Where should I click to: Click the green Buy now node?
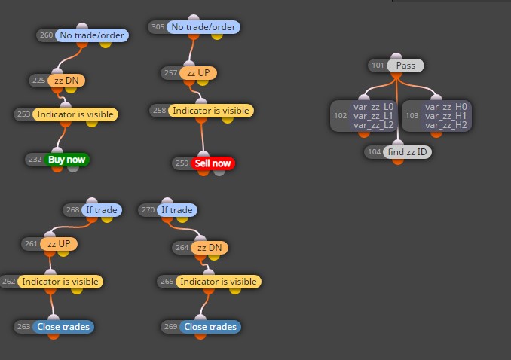click(66, 160)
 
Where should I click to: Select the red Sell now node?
click(213, 163)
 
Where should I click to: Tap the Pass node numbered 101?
click(405, 66)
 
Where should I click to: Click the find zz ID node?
click(407, 152)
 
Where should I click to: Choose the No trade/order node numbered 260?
click(92, 35)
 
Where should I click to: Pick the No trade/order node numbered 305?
click(203, 27)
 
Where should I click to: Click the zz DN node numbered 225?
click(66, 81)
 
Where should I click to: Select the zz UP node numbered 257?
click(198, 72)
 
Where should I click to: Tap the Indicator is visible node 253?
click(75, 114)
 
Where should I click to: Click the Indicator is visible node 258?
click(211, 111)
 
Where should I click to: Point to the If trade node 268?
click(101, 210)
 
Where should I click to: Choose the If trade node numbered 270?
click(177, 210)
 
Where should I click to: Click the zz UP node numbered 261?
click(59, 244)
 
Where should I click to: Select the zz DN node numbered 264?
click(210, 248)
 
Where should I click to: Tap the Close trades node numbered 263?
click(63, 327)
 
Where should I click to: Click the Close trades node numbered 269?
click(210, 327)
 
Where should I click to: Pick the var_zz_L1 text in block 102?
click(374, 116)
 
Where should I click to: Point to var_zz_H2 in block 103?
click(446, 125)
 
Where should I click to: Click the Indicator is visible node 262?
click(60, 282)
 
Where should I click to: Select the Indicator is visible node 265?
click(219, 282)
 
